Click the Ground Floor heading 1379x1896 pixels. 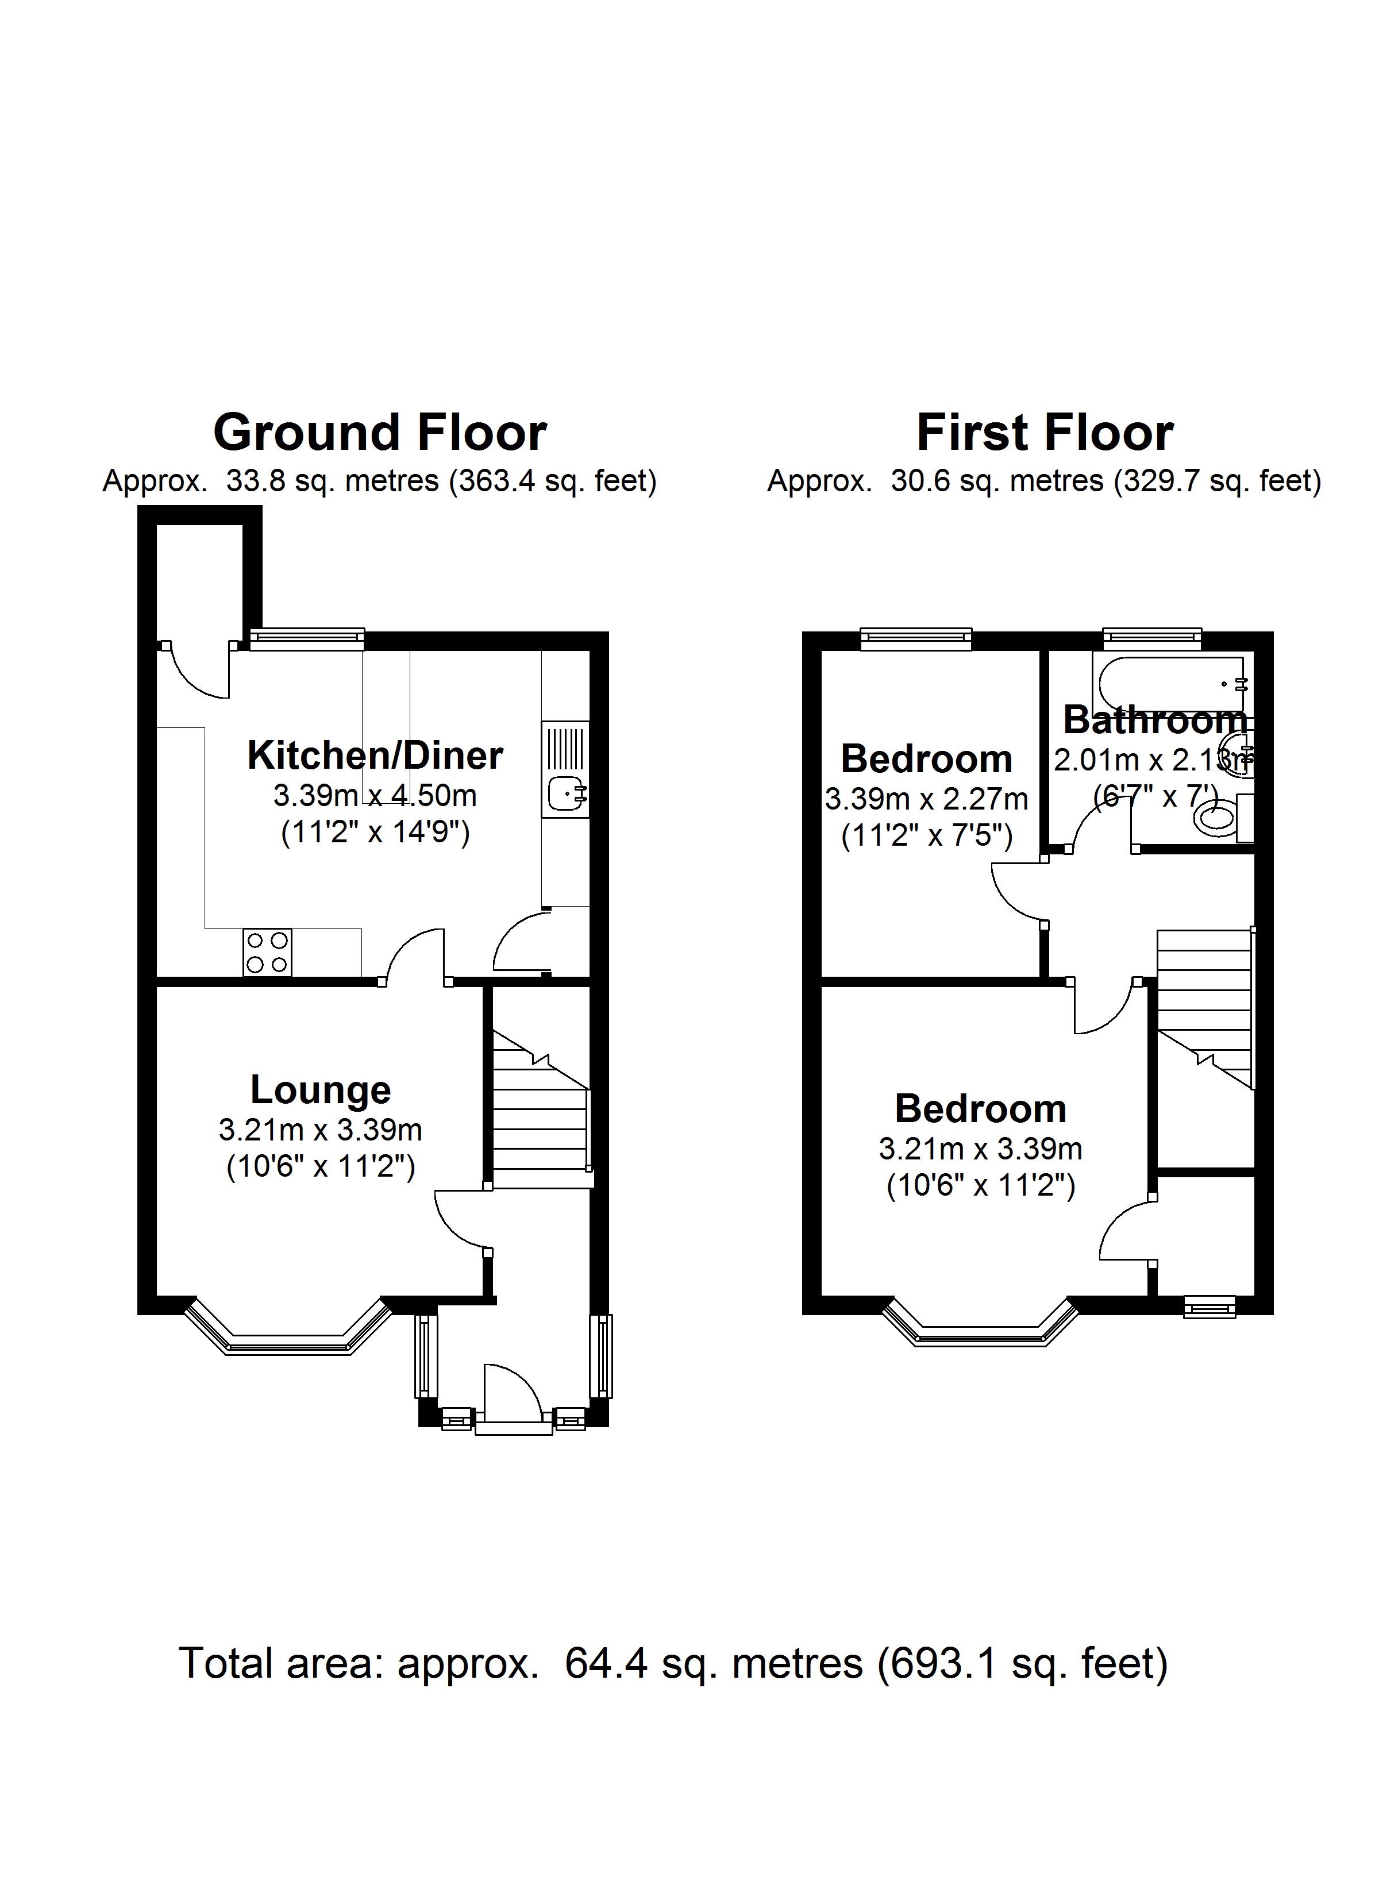pyautogui.click(x=380, y=433)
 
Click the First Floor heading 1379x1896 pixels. pyautogui.click(x=1045, y=433)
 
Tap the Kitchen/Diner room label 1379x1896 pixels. pyautogui.click(x=375, y=756)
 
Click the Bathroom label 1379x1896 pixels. pyautogui.click(x=1155, y=720)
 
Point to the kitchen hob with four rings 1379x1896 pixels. pyautogui.click(x=268, y=952)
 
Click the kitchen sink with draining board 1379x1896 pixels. pyautogui.click(x=566, y=770)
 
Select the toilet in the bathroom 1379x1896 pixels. pyautogui.click(x=1219, y=817)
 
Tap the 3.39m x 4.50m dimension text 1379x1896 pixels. pyautogui.click(x=375, y=795)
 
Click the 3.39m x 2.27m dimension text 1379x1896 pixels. pyautogui.click(x=927, y=800)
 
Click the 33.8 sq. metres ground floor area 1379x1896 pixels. pyautogui.click(x=332, y=481)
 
